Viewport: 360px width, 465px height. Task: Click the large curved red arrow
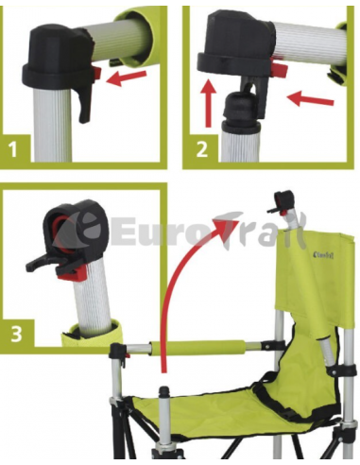click(184, 284)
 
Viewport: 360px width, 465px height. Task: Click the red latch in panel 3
click(70, 269)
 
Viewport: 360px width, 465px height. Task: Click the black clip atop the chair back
click(282, 200)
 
